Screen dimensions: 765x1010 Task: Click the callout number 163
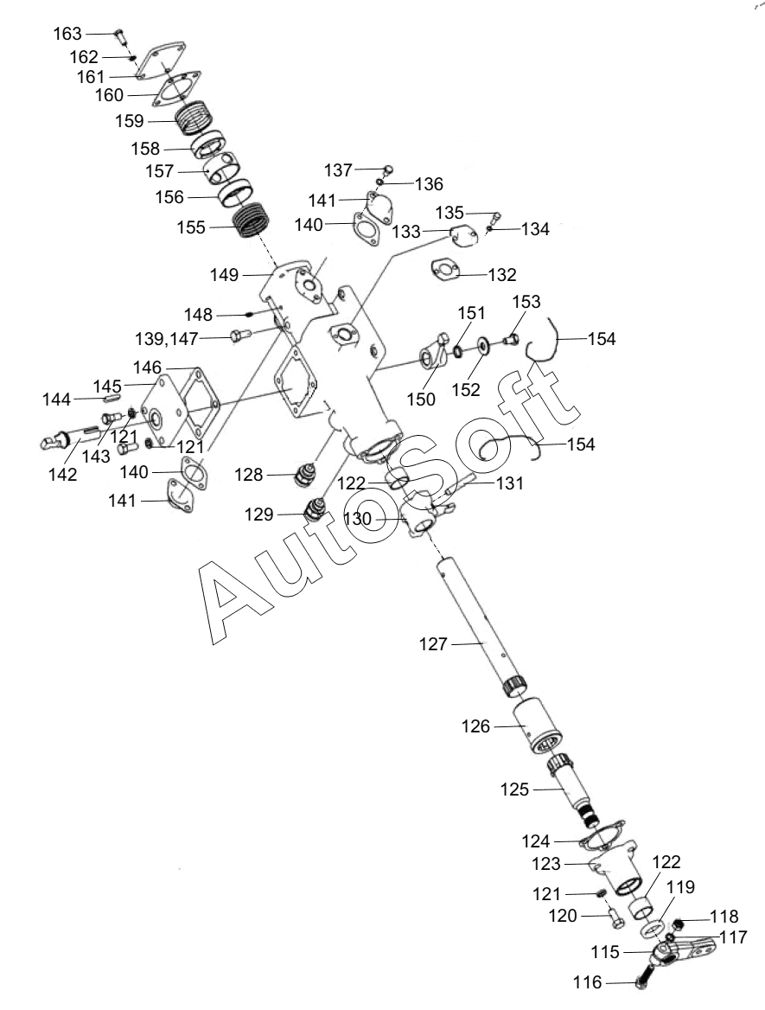[67, 34]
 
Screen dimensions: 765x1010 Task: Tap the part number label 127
[433, 643]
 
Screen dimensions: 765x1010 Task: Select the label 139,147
[167, 338]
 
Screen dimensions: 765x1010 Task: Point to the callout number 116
[587, 982]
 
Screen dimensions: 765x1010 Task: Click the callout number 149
[224, 275]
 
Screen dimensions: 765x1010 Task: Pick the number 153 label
[526, 302]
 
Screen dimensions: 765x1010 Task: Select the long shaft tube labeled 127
[483, 628]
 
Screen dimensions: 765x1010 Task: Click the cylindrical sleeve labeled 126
[537, 726]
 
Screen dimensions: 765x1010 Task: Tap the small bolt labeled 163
[119, 35]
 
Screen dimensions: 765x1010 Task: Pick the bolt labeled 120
[615, 917]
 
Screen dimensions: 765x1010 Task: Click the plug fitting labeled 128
[304, 476]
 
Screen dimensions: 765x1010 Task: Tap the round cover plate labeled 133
[463, 236]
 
